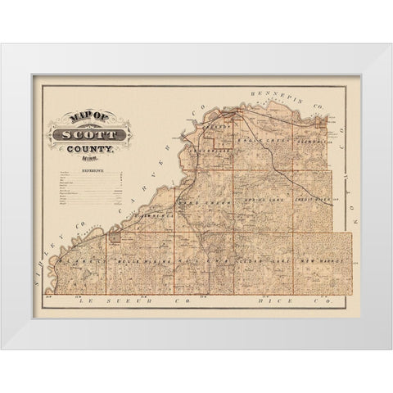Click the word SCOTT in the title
pos(97,133)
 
